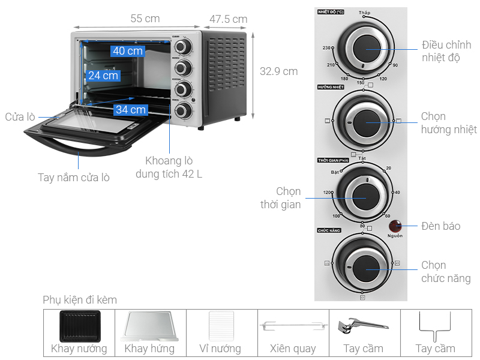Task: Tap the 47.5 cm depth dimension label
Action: tap(228, 19)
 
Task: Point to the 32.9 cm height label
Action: tap(278, 71)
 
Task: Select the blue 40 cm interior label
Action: tap(127, 51)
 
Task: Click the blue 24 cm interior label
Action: tap(103, 75)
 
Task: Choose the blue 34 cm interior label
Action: tap(131, 109)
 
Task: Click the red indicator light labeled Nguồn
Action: tap(395, 226)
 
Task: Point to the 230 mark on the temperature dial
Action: tap(327, 47)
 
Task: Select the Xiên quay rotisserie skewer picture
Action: tap(293, 326)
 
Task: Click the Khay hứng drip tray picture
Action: tap(149, 326)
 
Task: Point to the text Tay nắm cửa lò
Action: tap(74, 177)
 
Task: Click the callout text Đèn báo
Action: tap(441, 226)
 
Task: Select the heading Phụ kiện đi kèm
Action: tap(80, 299)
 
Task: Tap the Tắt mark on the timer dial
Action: tap(362, 158)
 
